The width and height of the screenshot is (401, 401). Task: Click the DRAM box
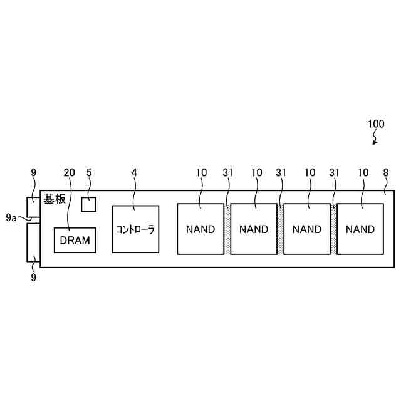coord(75,240)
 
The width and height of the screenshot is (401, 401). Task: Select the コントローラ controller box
coord(135,229)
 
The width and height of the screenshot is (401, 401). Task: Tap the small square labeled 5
coord(90,204)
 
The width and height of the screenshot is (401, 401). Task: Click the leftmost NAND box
coord(200,229)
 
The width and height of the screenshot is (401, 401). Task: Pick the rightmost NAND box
coord(360,229)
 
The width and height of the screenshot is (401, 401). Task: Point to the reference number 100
coord(376,124)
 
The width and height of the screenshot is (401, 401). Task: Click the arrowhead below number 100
coord(375,143)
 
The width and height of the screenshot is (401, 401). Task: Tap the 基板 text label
coord(55,199)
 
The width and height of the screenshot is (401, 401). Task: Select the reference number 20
coord(70,172)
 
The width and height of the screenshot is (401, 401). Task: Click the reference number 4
coord(134,172)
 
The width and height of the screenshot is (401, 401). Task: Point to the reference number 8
coord(385,172)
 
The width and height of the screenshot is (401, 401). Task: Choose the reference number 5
coord(89,172)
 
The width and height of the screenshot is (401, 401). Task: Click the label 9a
coord(11,217)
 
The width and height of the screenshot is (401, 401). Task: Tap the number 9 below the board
coord(33,277)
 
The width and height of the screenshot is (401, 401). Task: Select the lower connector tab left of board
coord(33,242)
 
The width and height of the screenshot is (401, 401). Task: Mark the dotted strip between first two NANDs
coord(227,229)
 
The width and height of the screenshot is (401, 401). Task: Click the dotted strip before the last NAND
coord(334,229)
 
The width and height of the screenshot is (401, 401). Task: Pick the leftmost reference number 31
coord(227,172)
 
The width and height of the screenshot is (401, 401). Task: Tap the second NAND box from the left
coord(254,229)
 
